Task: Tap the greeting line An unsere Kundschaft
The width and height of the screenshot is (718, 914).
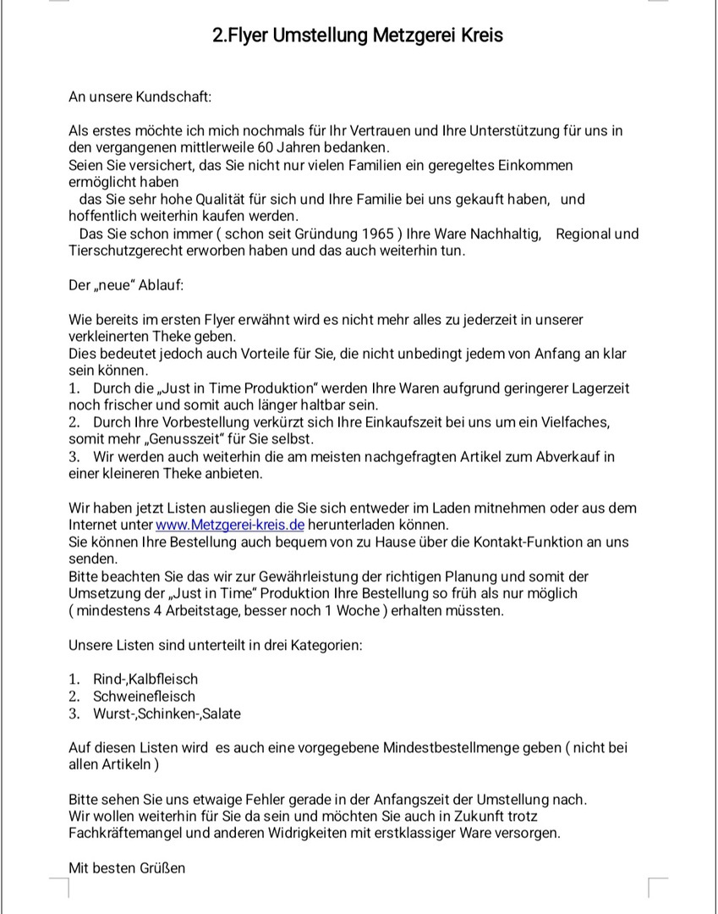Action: (140, 96)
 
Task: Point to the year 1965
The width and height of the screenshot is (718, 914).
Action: (376, 234)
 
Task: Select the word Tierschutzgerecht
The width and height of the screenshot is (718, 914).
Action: (127, 251)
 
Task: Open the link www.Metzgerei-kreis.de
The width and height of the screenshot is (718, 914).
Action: (230, 525)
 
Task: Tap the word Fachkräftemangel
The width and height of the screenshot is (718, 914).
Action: (127, 834)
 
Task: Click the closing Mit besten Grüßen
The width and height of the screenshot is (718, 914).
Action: (127, 867)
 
